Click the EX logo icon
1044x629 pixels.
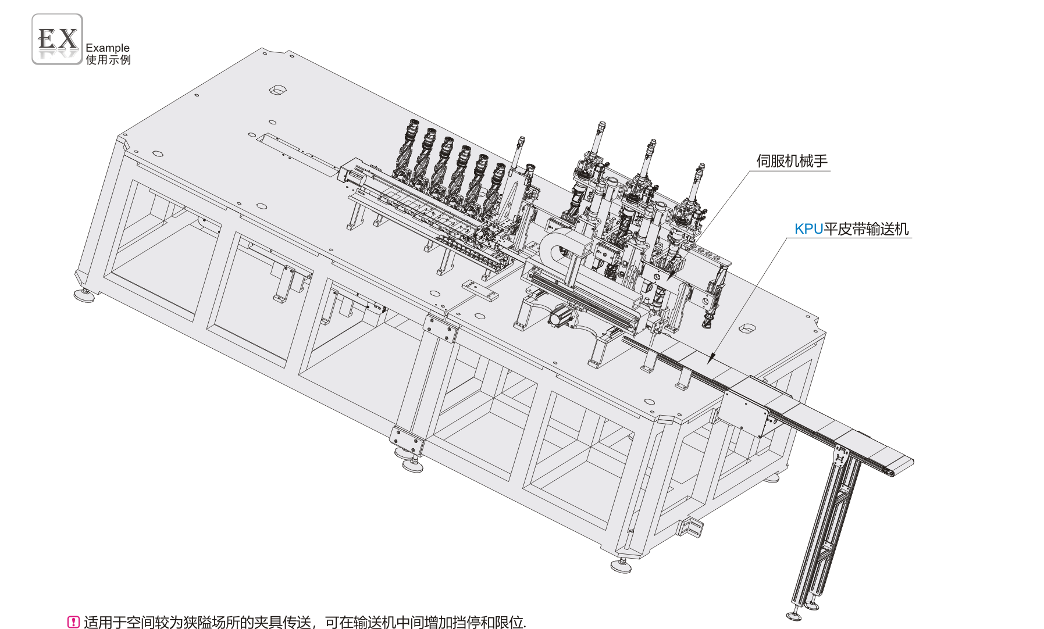tap(57, 39)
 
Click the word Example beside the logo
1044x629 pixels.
tap(108, 48)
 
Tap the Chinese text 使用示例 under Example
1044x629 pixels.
tap(108, 59)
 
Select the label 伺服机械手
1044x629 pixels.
tap(792, 161)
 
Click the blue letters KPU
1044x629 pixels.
tap(808, 229)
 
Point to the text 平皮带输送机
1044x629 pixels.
tap(866, 229)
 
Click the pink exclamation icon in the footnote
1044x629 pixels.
tap(73, 622)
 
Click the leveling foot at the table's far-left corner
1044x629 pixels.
tap(85, 295)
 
